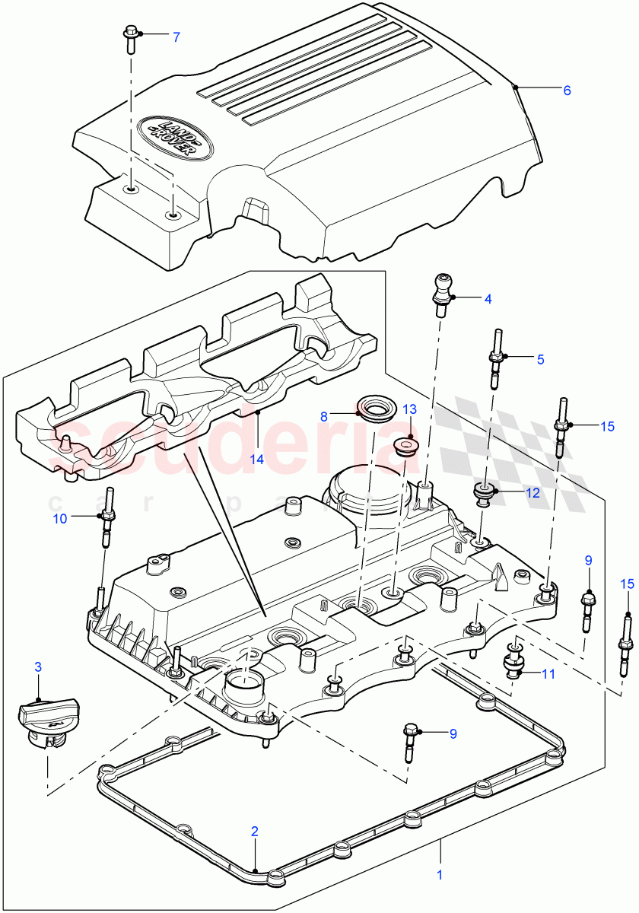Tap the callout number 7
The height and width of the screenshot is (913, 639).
coord(176,37)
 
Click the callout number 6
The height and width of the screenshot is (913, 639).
coord(567,90)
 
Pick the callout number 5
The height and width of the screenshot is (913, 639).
coord(541,359)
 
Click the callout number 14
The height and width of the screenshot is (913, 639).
coord(259,459)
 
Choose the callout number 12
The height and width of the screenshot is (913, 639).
coord(532,493)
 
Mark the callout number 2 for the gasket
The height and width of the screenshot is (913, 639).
coord(255,832)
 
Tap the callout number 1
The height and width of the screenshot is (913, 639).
coord(439,875)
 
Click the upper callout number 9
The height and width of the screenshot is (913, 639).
coord(588,561)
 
